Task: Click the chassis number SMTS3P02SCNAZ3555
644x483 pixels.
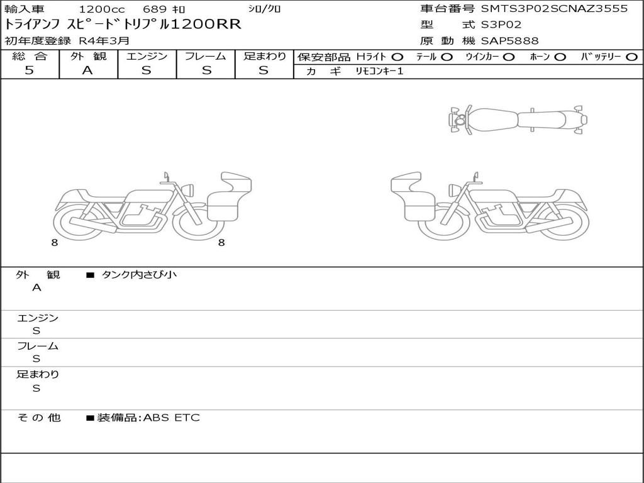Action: click(x=554, y=9)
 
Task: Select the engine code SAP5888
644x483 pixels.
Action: click(x=509, y=41)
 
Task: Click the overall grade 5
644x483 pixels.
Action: click(x=29, y=70)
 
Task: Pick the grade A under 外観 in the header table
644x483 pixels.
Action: click(x=87, y=70)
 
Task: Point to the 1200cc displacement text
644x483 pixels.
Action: click(x=102, y=9)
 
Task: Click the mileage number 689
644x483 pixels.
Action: click(x=155, y=9)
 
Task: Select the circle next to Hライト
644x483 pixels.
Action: click(x=397, y=57)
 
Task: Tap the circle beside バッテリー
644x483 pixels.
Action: click(x=631, y=57)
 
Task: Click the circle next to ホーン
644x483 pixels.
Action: click(x=560, y=57)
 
